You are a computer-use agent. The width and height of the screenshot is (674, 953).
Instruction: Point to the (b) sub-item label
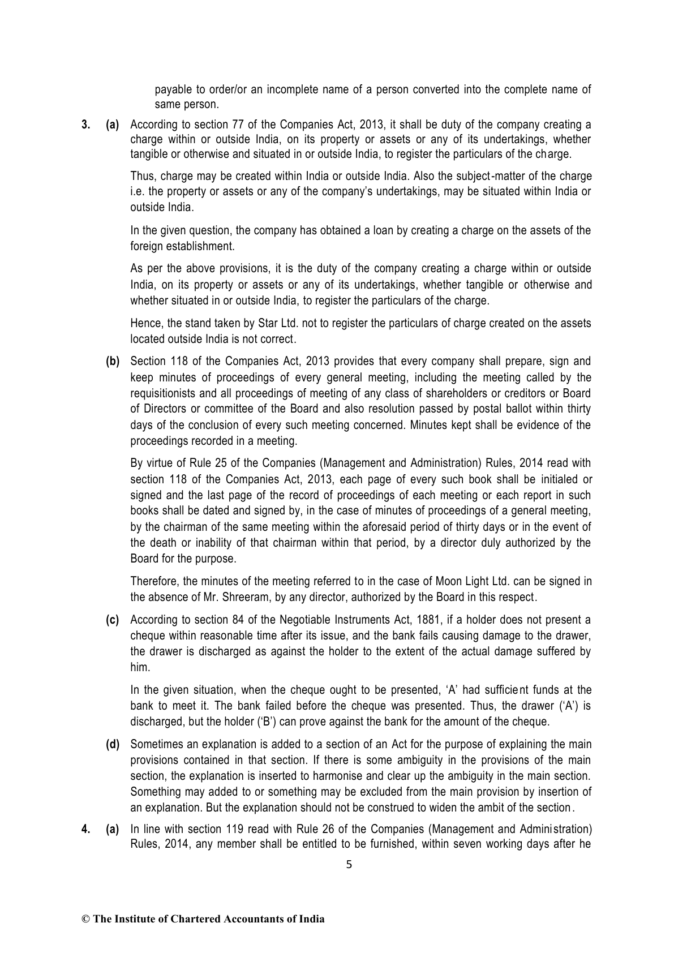(x=113, y=361)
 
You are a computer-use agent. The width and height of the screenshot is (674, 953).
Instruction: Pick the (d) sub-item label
(x=113, y=744)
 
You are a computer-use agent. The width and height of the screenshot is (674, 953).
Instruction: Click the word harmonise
(x=368, y=775)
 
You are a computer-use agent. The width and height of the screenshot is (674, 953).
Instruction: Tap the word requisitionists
(x=162, y=393)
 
